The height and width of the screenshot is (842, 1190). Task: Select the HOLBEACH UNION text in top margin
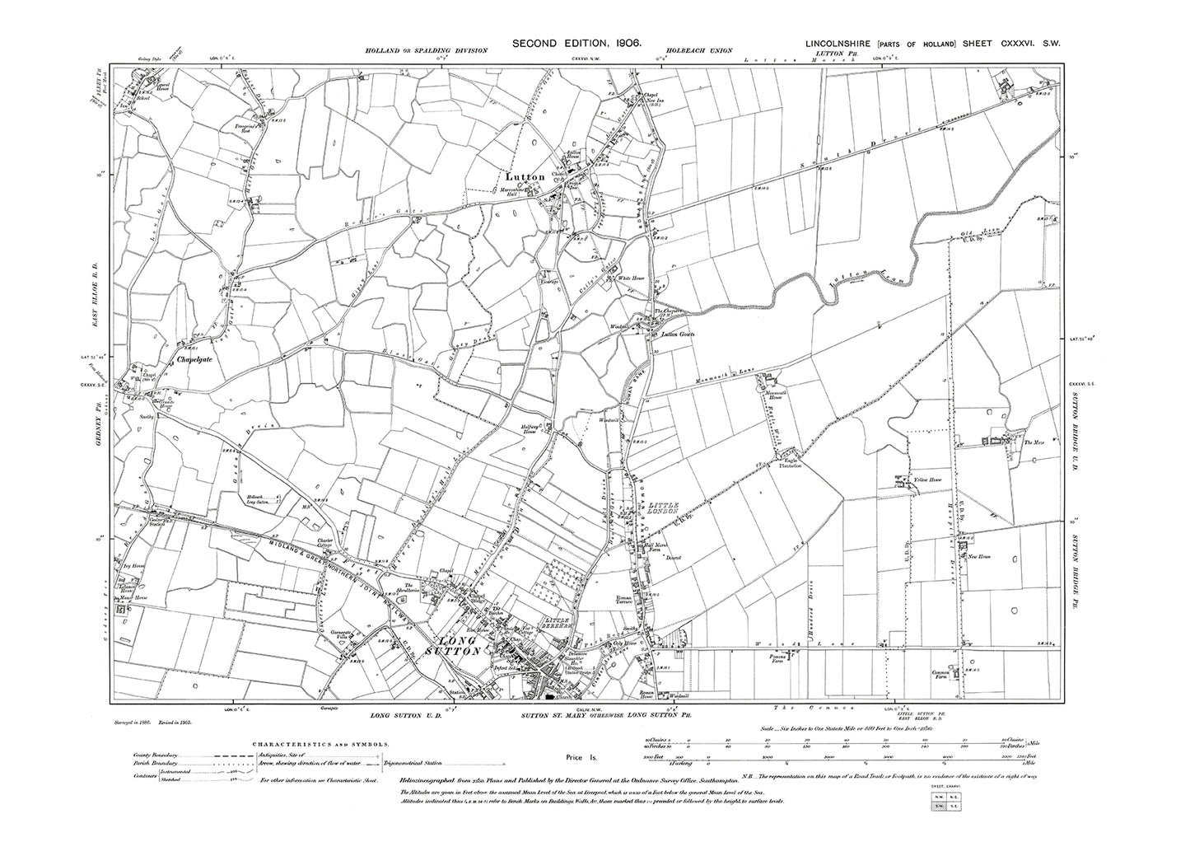(700, 51)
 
